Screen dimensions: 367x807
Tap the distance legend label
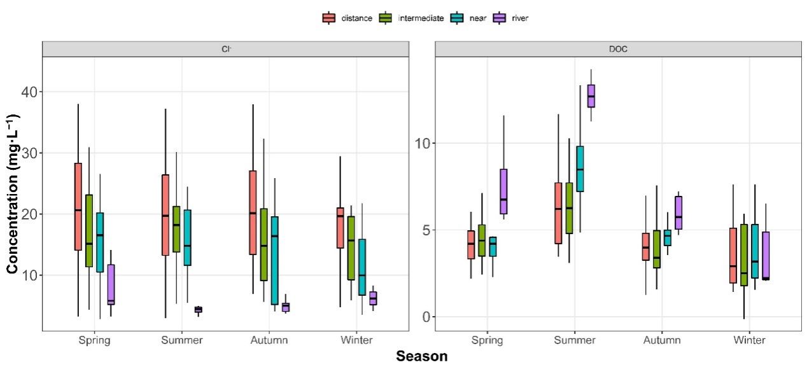[356, 18]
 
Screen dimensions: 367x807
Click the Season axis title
[421, 356]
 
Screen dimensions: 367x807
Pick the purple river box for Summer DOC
[591, 96]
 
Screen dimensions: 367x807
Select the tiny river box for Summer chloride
[198, 310]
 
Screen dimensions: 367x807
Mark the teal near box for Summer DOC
[580, 169]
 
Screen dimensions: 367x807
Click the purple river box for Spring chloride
[111, 284]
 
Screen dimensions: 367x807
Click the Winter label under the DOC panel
[748, 340]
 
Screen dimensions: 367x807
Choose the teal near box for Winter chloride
[362, 267]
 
